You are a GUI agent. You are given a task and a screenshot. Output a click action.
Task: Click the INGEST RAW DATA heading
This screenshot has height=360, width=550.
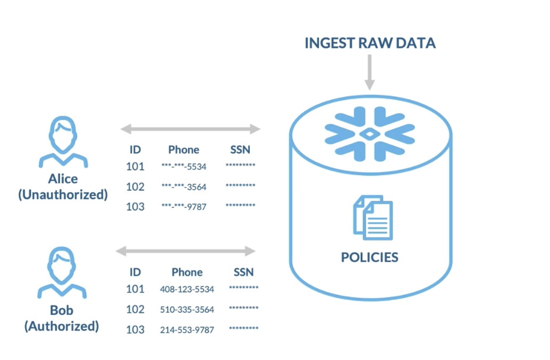point(370,43)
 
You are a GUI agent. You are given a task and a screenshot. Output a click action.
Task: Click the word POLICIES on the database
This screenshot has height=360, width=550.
point(370,257)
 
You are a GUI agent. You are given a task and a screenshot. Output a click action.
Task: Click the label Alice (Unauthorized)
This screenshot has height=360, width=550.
point(63,187)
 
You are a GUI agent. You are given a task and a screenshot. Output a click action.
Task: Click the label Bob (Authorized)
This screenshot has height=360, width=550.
point(62,318)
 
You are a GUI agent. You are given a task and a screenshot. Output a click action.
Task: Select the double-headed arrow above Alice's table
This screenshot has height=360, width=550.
point(190,129)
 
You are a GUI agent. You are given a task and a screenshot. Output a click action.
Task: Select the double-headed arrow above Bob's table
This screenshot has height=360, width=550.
point(186,251)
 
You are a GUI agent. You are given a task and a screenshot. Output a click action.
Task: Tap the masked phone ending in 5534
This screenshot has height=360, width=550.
point(184,167)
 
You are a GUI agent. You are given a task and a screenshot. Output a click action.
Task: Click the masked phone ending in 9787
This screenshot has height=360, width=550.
point(184,207)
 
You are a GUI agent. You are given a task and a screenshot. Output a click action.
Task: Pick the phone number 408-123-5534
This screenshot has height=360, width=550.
point(187,289)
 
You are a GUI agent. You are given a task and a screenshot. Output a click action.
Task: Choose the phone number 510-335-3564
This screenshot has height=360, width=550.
point(187,310)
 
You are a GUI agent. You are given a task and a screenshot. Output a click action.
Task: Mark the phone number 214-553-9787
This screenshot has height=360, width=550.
point(187,330)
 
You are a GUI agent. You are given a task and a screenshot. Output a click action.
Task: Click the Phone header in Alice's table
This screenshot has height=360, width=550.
point(184,150)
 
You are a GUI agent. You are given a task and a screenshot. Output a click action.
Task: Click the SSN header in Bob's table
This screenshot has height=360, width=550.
point(243,272)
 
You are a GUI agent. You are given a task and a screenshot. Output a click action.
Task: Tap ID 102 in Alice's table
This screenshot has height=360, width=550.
point(135,187)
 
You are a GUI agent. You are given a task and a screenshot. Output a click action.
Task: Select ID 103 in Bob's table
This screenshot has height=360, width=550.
point(135,330)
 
